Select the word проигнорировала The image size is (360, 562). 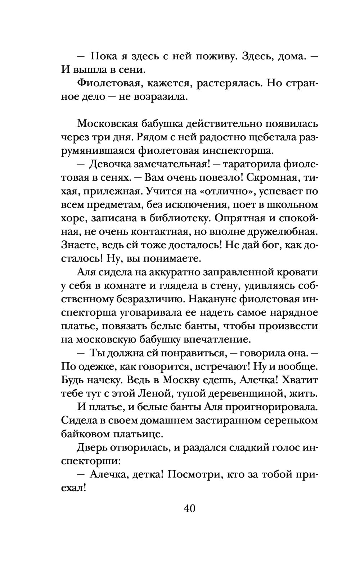[x=270, y=407]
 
